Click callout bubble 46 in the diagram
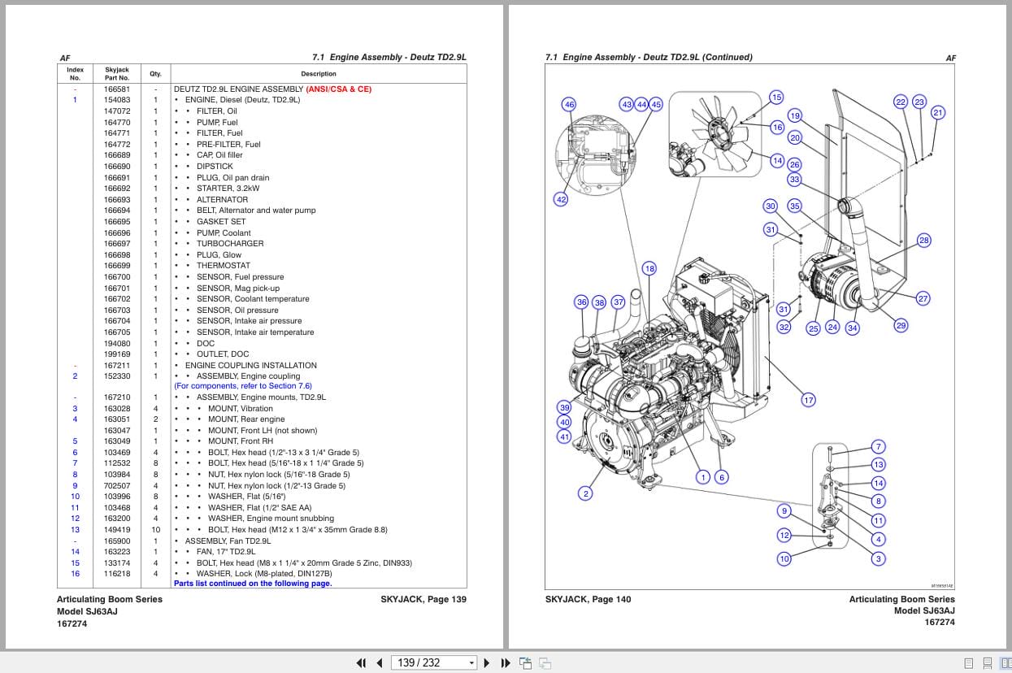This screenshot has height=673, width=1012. click(569, 105)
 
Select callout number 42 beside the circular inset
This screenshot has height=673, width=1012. click(561, 199)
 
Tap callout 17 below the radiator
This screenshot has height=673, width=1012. click(808, 400)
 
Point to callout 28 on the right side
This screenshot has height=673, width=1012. click(923, 240)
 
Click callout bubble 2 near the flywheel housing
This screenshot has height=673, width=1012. click(585, 493)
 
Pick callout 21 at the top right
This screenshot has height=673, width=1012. click(938, 113)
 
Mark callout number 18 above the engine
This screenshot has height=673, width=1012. click(649, 268)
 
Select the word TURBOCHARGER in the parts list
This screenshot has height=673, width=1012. click(230, 244)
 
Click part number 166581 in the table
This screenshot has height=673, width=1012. click(116, 89)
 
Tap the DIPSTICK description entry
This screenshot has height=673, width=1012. click(215, 167)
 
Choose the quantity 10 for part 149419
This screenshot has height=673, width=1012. click(155, 530)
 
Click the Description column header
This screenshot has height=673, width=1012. click(318, 74)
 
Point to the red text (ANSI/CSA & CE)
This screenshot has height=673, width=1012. click(339, 89)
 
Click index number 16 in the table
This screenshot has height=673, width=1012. click(75, 574)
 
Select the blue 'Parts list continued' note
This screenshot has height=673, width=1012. click(253, 584)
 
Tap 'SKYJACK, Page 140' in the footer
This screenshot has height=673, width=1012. click(588, 600)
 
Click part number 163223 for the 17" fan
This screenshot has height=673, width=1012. click(116, 552)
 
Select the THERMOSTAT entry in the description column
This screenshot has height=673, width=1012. click(224, 266)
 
